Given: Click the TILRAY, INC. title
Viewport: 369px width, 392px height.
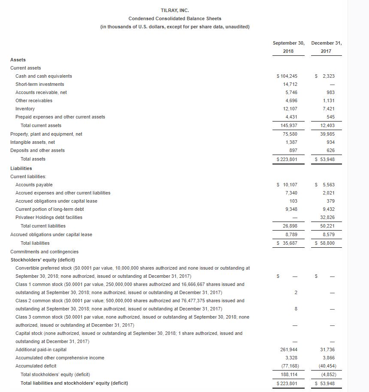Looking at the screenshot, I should click(175, 10).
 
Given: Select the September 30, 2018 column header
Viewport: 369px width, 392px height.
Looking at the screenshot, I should click(288, 47).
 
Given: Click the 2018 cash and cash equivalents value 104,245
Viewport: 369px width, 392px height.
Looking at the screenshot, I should click(290, 76).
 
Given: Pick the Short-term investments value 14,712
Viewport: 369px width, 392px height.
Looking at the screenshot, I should click(291, 84).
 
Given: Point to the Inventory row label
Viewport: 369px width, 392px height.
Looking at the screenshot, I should click(25, 109).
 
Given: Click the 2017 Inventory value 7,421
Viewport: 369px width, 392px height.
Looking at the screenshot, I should click(328, 109).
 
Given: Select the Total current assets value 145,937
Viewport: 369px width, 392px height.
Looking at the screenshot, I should click(290, 125).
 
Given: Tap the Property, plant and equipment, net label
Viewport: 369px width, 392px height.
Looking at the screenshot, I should click(46, 134).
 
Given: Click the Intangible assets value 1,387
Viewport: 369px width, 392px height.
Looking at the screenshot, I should click(292, 142).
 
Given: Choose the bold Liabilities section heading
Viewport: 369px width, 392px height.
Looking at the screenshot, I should click(21, 168).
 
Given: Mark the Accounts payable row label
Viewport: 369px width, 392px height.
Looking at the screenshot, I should click(34, 185).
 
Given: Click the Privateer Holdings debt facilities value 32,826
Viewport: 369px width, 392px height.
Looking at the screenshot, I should click(327, 217).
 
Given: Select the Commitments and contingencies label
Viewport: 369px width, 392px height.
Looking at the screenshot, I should click(44, 252).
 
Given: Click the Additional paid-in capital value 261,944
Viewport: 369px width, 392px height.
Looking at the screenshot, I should click(290, 349).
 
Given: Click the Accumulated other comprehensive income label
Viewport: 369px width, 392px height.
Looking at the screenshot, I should click(60, 358).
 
